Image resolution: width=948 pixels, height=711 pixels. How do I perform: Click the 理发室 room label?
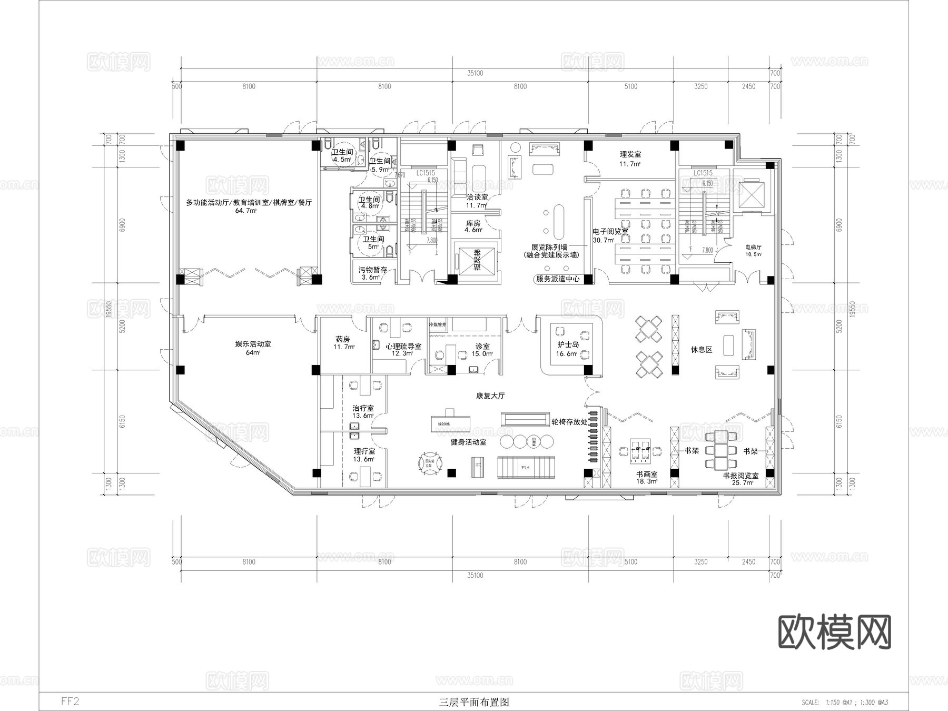coord(630,155)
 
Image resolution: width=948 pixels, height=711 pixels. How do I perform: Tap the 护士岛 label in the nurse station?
coord(568,344)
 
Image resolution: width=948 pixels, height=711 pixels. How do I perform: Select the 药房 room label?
coord(343,339)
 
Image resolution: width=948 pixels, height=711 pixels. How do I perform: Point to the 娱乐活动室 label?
coord(253,344)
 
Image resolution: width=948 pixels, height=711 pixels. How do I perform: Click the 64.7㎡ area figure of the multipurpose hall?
coord(245,211)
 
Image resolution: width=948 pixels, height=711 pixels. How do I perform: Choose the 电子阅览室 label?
coord(610,232)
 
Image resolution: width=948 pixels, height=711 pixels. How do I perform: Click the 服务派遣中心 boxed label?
coord(558,279)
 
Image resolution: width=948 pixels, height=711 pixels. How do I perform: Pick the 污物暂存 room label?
coord(372,270)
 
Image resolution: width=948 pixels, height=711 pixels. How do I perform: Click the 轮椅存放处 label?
coord(569,422)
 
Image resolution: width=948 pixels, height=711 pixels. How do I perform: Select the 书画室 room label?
coord(647,474)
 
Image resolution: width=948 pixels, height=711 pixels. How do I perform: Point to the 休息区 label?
coord(701,350)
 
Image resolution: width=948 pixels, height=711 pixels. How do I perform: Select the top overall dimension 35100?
coord(475,73)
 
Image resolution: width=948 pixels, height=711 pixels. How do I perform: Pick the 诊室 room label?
coord(482,346)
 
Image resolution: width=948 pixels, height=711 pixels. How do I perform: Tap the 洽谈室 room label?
coord(477,197)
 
